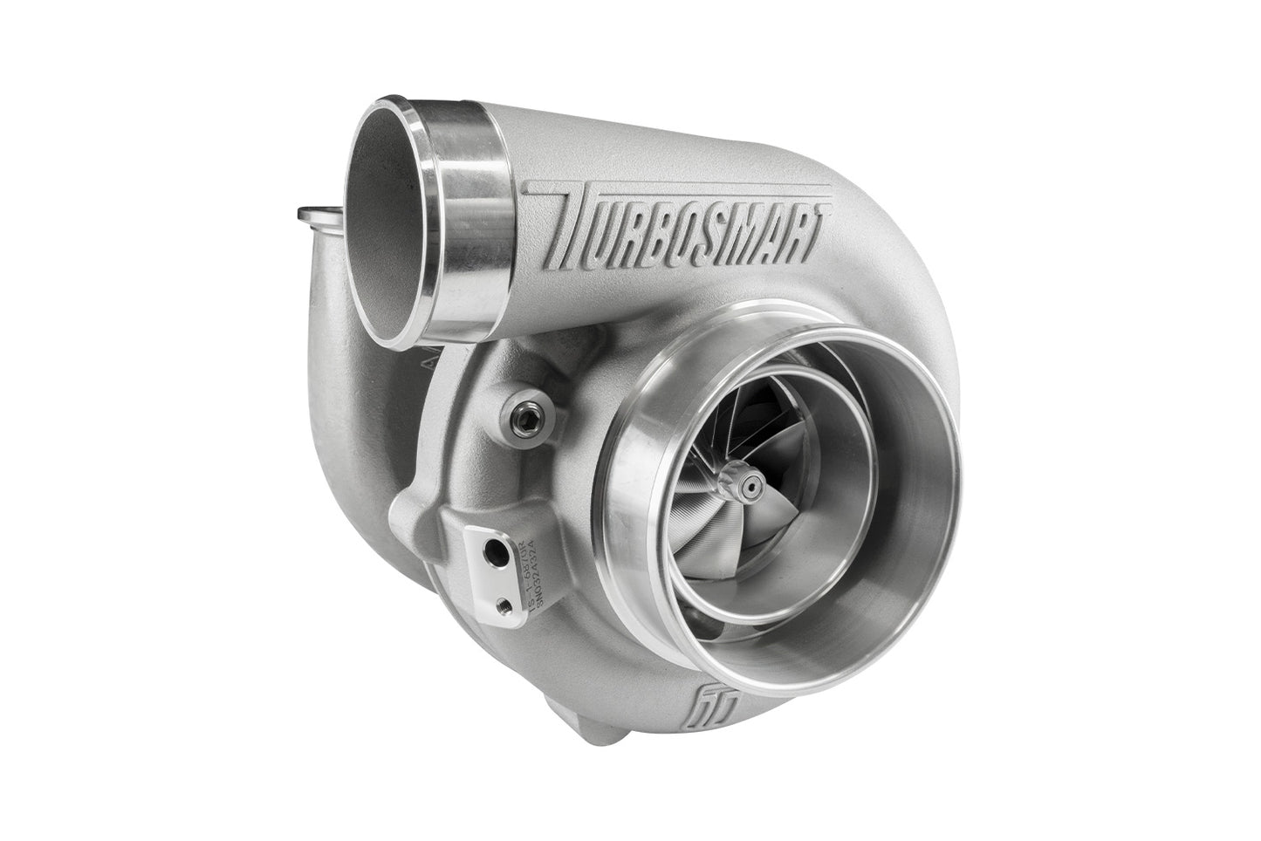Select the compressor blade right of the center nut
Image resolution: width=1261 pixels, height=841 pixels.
tap(790, 471)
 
